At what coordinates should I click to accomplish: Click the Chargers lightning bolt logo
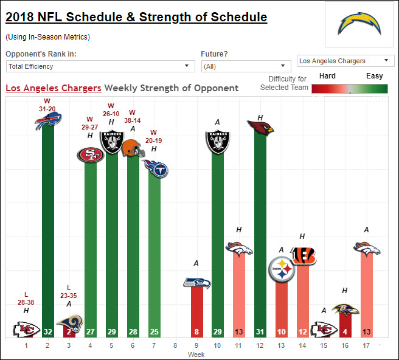pyautogui.click(x=359, y=23)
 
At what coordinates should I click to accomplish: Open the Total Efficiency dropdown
pyautogui.click(x=100, y=66)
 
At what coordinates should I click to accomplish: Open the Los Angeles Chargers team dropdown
pyautogui.click(x=345, y=61)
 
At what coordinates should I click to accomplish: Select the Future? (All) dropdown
pyautogui.click(x=246, y=66)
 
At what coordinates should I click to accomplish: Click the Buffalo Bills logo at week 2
pyautogui.click(x=48, y=121)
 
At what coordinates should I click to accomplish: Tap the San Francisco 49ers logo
pyautogui.click(x=91, y=154)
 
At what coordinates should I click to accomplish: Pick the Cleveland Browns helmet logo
pyautogui.click(x=133, y=148)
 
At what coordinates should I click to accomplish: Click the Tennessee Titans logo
pyautogui.click(x=156, y=168)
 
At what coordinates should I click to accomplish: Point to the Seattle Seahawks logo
pyautogui.click(x=197, y=283)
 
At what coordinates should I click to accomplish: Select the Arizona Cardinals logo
pyautogui.click(x=260, y=128)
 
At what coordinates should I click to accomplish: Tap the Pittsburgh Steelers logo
pyautogui.click(x=282, y=269)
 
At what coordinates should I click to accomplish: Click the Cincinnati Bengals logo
pyautogui.click(x=304, y=255)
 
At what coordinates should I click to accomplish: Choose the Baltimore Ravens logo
pyautogui.click(x=345, y=310)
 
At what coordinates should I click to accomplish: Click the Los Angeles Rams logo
pyautogui.click(x=71, y=323)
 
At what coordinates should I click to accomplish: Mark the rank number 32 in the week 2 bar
pyautogui.click(x=48, y=332)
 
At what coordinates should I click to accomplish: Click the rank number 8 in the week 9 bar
pyautogui.click(x=196, y=332)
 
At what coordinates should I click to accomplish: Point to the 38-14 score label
pyautogui.click(x=133, y=120)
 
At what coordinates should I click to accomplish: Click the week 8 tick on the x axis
pyautogui.click(x=175, y=345)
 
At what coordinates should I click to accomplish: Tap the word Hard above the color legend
pyautogui.click(x=327, y=76)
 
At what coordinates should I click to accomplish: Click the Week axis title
pyautogui.click(x=196, y=355)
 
